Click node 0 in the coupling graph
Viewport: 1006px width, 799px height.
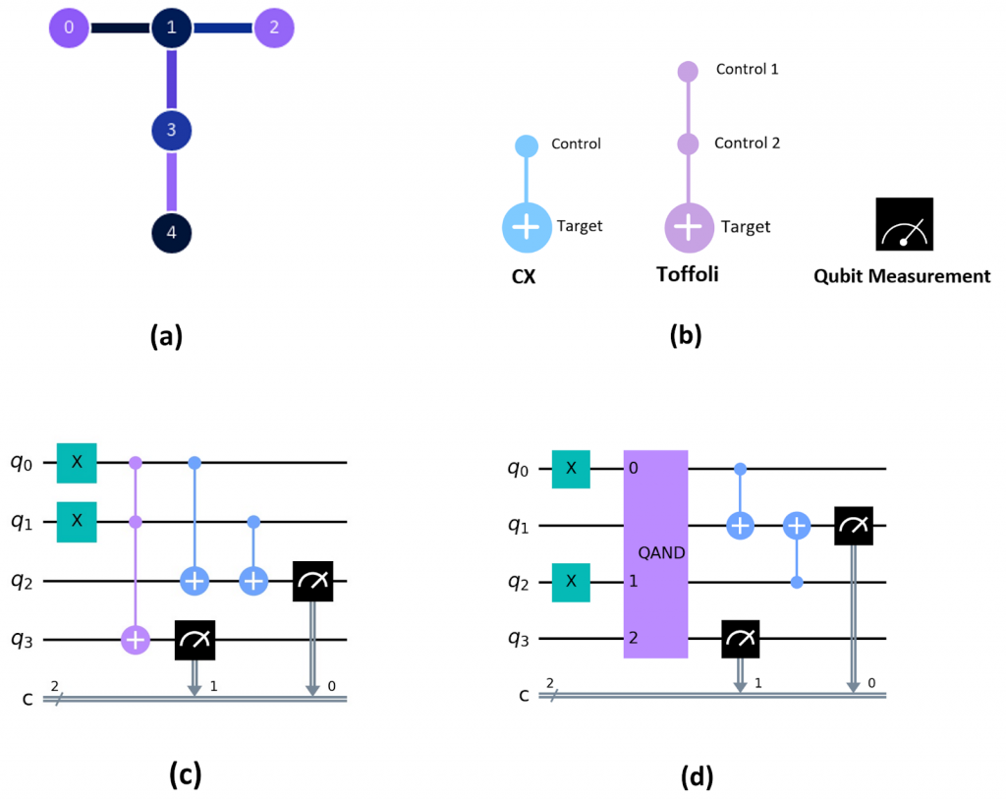click(x=69, y=29)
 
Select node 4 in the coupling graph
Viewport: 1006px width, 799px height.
click(x=171, y=234)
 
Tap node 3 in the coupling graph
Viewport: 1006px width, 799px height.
click(x=171, y=129)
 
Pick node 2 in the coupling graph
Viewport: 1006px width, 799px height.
click(x=274, y=29)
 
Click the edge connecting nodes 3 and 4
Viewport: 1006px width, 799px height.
click(x=171, y=182)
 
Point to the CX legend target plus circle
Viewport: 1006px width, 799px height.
click(x=527, y=227)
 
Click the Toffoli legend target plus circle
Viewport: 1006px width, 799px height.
click(x=689, y=227)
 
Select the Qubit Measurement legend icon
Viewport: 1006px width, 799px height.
click(x=905, y=225)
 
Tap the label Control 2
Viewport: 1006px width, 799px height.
click(x=747, y=143)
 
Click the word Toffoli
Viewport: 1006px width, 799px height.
click(x=688, y=274)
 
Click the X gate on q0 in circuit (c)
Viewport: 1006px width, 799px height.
click(x=77, y=462)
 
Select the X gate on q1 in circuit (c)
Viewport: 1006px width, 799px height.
click(x=77, y=521)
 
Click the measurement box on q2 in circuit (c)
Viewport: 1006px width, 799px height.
click(x=312, y=581)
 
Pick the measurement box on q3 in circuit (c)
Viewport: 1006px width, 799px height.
click(x=195, y=640)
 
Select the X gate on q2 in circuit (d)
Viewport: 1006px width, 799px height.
click(x=571, y=582)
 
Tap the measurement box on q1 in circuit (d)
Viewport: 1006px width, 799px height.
click(x=855, y=526)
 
